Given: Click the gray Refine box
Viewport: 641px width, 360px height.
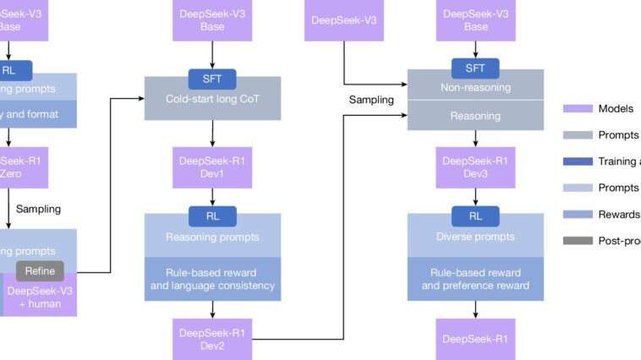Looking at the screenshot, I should point(40,271).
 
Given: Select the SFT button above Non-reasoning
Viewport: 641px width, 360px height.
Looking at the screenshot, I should point(475,69).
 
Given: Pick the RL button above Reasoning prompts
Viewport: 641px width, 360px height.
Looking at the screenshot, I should point(212,216).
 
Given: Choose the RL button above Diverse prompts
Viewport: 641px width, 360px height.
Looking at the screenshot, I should point(475,215).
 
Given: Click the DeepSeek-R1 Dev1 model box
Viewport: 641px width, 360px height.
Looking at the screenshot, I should point(212,167).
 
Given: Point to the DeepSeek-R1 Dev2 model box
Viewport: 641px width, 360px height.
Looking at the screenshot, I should point(212,339).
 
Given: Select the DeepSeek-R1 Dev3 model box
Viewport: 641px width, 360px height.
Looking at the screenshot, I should point(475,167).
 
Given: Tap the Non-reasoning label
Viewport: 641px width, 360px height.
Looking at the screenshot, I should point(475,87).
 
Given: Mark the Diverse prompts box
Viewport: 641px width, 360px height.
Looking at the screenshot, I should point(475,237).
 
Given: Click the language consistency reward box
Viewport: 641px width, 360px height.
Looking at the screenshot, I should point(212,280).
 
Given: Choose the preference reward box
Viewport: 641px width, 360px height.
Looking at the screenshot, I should point(475,280).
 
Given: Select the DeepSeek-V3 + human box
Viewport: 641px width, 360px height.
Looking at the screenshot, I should point(40,297).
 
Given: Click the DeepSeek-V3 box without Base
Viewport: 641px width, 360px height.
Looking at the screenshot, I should point(343,20).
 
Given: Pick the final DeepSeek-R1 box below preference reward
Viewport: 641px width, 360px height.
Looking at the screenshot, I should point(475,339).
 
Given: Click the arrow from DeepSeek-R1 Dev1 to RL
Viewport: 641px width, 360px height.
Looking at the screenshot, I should point(212,197).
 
